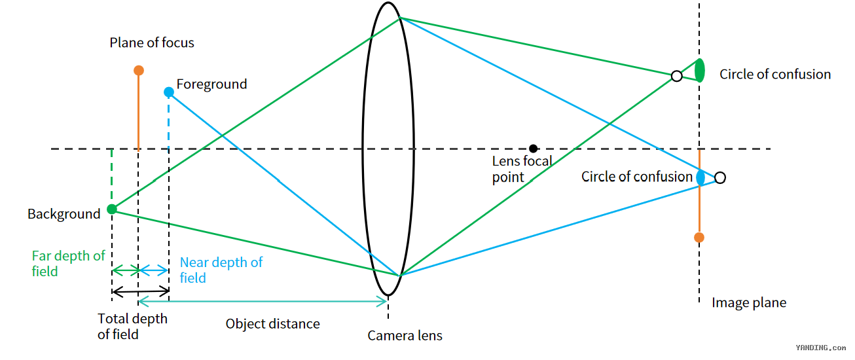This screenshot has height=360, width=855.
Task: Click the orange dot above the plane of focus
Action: pyautogui.click(x=139, y=70)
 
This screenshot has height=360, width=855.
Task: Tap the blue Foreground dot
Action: pyautogui.click(x=169, y=92)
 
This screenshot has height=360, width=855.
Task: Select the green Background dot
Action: pyautogui.click(x=112, y=209)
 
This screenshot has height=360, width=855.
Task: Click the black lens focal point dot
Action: pyautogui.click(x=534, y=149)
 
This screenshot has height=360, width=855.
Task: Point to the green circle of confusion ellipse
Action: pyautogui.click(x=699, y=71)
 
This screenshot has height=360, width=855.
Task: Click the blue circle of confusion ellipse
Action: pyautogui.click(x=700, y=177)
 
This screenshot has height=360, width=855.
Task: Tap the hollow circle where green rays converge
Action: pyautogui.click(x=676, y=76)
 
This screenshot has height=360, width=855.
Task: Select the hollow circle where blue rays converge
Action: pyautogui.click(x=720, y=177)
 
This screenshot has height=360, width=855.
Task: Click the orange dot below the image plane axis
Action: pyautogui.click(x=699, y=238)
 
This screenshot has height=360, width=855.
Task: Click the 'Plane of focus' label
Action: pyautogui.click(x=152, y=43)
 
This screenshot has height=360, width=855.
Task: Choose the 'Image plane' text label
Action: pyautogui.click(x=749, y=303)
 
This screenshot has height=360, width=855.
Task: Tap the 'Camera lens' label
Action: pyautogui.click(x=405, y=336)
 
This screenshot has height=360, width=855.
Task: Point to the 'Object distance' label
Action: pyautogui.click(x=272, y=324)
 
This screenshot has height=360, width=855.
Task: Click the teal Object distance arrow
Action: pyautogui.click(x=263, y=302)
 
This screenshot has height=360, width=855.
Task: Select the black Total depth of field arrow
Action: pyautogui.click(x=141, y=292)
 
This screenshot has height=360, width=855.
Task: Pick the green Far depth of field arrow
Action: pyautogui.click(x=125, y=271)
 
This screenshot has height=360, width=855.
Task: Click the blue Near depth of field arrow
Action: pyautogui.click(x=154, y=271)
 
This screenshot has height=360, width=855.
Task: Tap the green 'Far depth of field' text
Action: pyautogui.click(x=68, y=263)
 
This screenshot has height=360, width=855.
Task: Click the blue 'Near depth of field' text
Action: pyautogui.click(x=221, y=270)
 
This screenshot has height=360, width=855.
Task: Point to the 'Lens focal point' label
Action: pyautogui.click(x=522, y=169)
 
